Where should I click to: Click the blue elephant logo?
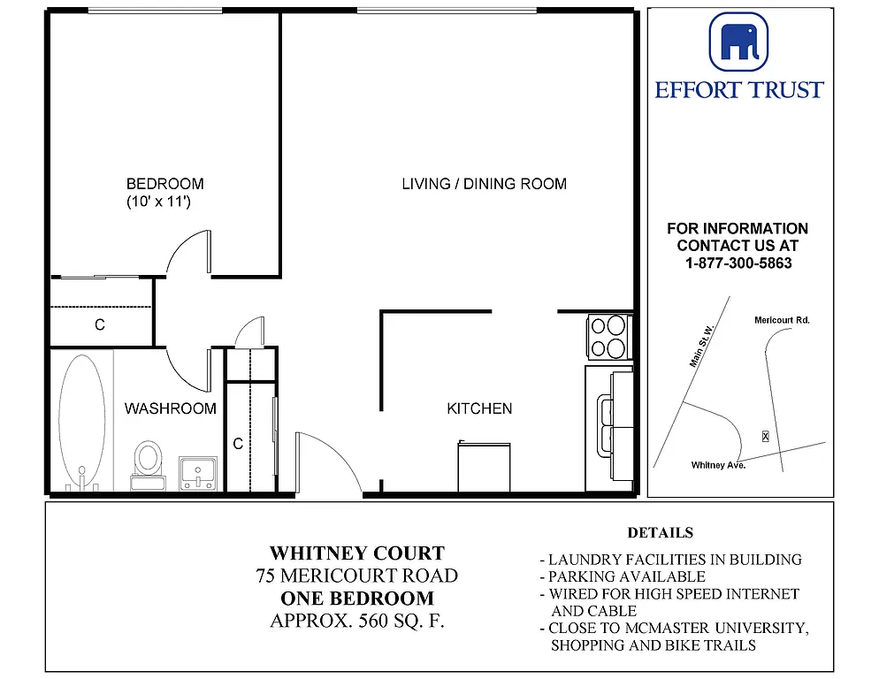pyautogui.click(x=738, y=41)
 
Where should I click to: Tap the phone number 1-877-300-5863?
pyautogui.click(x=738, y=263)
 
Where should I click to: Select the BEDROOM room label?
pyautogui.click(x=164, y=184)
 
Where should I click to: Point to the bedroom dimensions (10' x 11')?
pyautogui.click(x=159, y=202)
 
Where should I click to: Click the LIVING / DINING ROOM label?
pyautogui.click(x=484, y=184)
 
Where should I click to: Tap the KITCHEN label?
pyautogui.click(x=479, y=408)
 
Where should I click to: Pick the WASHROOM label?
pyautogui.click(x=170, y=408)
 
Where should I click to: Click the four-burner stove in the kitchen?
pyautogui.click(x=609, y=337)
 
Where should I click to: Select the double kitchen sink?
pyautogui.click(x=609, y=424)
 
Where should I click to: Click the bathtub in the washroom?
pyautogui.click(x=82, y=420)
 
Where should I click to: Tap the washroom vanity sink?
pyautogui.click(x=198, y=473)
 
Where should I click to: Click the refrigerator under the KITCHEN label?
pyautogui.click(x=484, y=466)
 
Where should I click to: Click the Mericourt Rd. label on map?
pyautogui.click(x=782, y=320)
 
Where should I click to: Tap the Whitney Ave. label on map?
pyautogui.click(x=718, y=465)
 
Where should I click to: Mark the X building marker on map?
pyautogui.click(x=765, y=436)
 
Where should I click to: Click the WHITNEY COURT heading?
pyautogui.click(x=356, y=553)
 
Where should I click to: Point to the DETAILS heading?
pyautogui.click(x=660, y=533)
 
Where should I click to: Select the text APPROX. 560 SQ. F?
pyautogui.click(x=356, y=621)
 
